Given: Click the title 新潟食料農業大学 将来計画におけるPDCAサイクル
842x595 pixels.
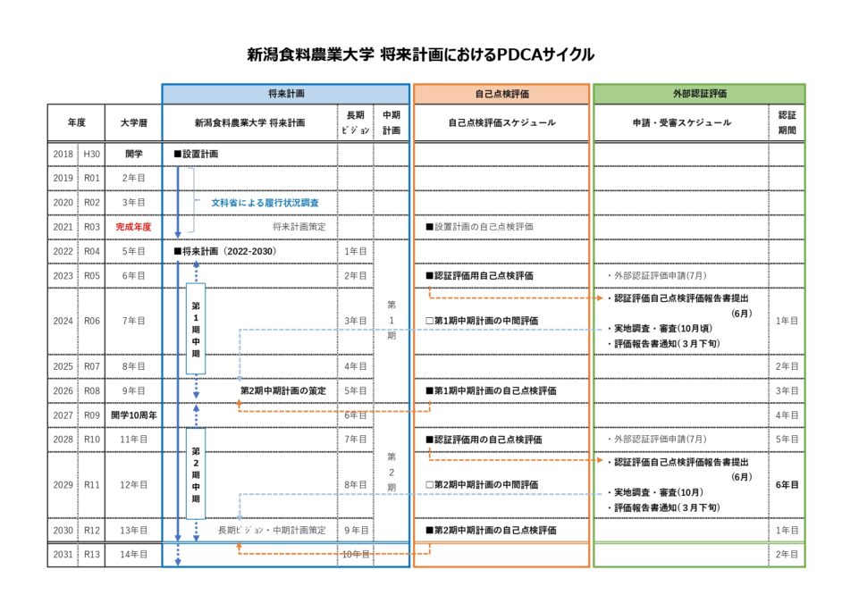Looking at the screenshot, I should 420,55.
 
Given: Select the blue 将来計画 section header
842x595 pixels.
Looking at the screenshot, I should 285,94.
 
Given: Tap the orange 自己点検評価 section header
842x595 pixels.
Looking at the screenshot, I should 501,94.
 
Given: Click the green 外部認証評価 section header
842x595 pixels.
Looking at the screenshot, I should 699,94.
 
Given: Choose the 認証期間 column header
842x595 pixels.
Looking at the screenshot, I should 787,123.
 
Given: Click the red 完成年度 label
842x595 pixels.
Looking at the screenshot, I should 133,227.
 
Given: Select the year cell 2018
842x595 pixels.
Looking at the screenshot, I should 63,155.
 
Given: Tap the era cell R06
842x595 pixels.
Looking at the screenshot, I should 92,320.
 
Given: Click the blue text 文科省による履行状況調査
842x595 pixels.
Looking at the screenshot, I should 265,203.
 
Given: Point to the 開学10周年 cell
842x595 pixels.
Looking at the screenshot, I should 133,415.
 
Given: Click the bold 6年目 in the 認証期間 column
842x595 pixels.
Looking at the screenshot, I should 787,485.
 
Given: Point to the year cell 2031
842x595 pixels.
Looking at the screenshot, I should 63,555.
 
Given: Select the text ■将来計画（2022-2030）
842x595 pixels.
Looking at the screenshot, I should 225,252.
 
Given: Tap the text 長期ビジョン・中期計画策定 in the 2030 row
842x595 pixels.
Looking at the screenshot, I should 272,531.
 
